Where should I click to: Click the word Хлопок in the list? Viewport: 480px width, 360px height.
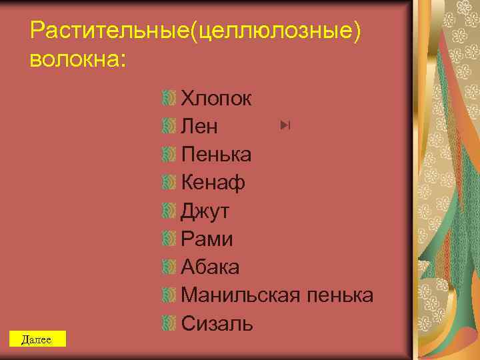(x=216, y=99)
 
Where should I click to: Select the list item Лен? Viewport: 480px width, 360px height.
(x=199, y=127)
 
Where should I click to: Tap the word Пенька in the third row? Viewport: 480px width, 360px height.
(x=216, y=155)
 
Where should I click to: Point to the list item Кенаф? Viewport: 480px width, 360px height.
(x=213, y=183)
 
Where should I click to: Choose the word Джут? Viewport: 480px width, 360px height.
(x=205, y=211)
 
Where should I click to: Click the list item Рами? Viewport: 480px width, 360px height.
(x=207, y=239)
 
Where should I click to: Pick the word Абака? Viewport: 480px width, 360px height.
(x=210, y=267)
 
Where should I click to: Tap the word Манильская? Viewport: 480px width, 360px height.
(x=242, y=295)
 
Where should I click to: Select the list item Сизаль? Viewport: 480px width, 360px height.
(x=217, y=323)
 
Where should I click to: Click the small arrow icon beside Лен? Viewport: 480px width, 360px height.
(x=287, y=125)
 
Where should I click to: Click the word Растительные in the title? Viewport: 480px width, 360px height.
(x=111, y=29)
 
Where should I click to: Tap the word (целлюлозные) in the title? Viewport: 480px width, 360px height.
(x=276, y=29)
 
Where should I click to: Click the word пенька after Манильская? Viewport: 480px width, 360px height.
(x=341, y=295)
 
